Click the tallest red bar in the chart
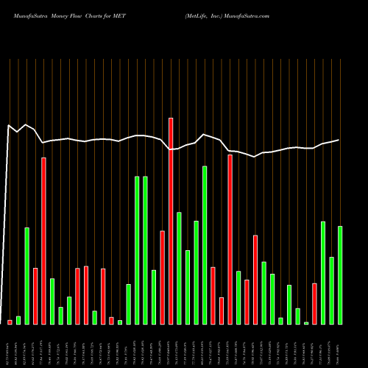tap(171, 221)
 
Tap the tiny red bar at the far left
tap(10, 322)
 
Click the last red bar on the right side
tap(314, 303)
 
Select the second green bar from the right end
tap(331, 290)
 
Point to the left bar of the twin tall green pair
tap(137, 250)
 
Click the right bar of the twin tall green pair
tap(145, 250)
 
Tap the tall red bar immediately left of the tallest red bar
tap(162, 277)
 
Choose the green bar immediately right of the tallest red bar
tap(179, 268)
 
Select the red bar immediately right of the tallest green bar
tap(213, 295)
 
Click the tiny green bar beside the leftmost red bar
tap(18, 320)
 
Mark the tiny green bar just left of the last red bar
tap(306, 322)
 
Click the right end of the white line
tap(339, 140)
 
